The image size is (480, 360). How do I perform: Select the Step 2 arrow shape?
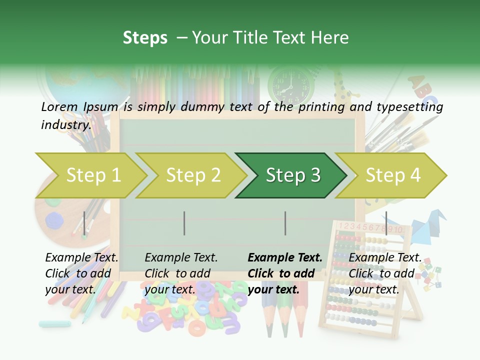[192, 175]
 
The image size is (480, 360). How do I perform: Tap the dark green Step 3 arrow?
[292, 175]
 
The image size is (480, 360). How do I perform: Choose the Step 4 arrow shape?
[392, 175]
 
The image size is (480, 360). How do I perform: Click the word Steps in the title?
[145, 37]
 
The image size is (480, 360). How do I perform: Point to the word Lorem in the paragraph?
[59, 106]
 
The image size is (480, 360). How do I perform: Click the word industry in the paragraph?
[65, 125]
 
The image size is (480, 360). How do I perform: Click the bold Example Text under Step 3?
[285, 257]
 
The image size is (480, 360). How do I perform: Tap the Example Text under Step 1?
[81, 257]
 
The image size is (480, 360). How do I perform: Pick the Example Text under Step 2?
[181, 257]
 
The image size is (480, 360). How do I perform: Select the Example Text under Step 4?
[385, 257]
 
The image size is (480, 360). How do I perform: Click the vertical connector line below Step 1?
[84, 223]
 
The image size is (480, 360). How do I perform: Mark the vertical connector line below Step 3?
[285, 223]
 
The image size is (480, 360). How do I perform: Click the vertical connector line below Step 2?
[184, 223]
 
